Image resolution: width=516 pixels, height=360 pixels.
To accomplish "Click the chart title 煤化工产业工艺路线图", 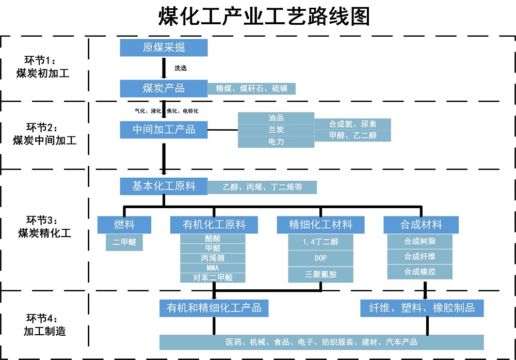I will pyautogui.click(x=264, y=17).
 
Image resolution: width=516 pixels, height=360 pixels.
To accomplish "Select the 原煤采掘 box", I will pyautogui.click(x=164, y=48).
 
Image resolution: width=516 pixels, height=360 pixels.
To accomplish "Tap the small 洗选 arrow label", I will pyautogui.click(x=181, y=68).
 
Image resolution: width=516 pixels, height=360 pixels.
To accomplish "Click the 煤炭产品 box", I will pyautogui.click(x=164, y=88).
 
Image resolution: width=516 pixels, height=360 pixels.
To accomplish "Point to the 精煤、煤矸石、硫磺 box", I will pyautogui.click(x=252, y=88).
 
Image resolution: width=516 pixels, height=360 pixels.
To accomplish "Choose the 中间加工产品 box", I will pyautogui.click(x=164, y=130).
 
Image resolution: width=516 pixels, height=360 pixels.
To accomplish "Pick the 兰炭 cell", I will pyautogui.click(x=276, y=130).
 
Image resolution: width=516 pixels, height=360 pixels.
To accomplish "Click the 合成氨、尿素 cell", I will pyautogui.click(x=353, y=124).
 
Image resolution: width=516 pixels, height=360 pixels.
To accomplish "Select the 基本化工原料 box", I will pyautogui.click(x=164, y=186).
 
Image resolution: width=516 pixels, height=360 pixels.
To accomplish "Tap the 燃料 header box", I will pyautogui.click(x=124, y=225).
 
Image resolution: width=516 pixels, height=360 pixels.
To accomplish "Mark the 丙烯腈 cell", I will pyautogui.click(x=213, y=258).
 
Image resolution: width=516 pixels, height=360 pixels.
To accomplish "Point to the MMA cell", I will pyautogui.click(x=213, y=268).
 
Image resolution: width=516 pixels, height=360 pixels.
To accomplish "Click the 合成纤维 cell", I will pyautogui.click(x=420, y=256).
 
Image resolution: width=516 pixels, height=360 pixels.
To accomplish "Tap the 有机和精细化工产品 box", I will pyautogui.click(x=214, y=308).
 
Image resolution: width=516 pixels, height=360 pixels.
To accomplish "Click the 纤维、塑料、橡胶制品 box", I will pyautogui.click(x=422, y=308).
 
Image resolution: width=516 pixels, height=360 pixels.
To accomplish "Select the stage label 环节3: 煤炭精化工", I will pyautogui.click(x=44, y=227).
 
